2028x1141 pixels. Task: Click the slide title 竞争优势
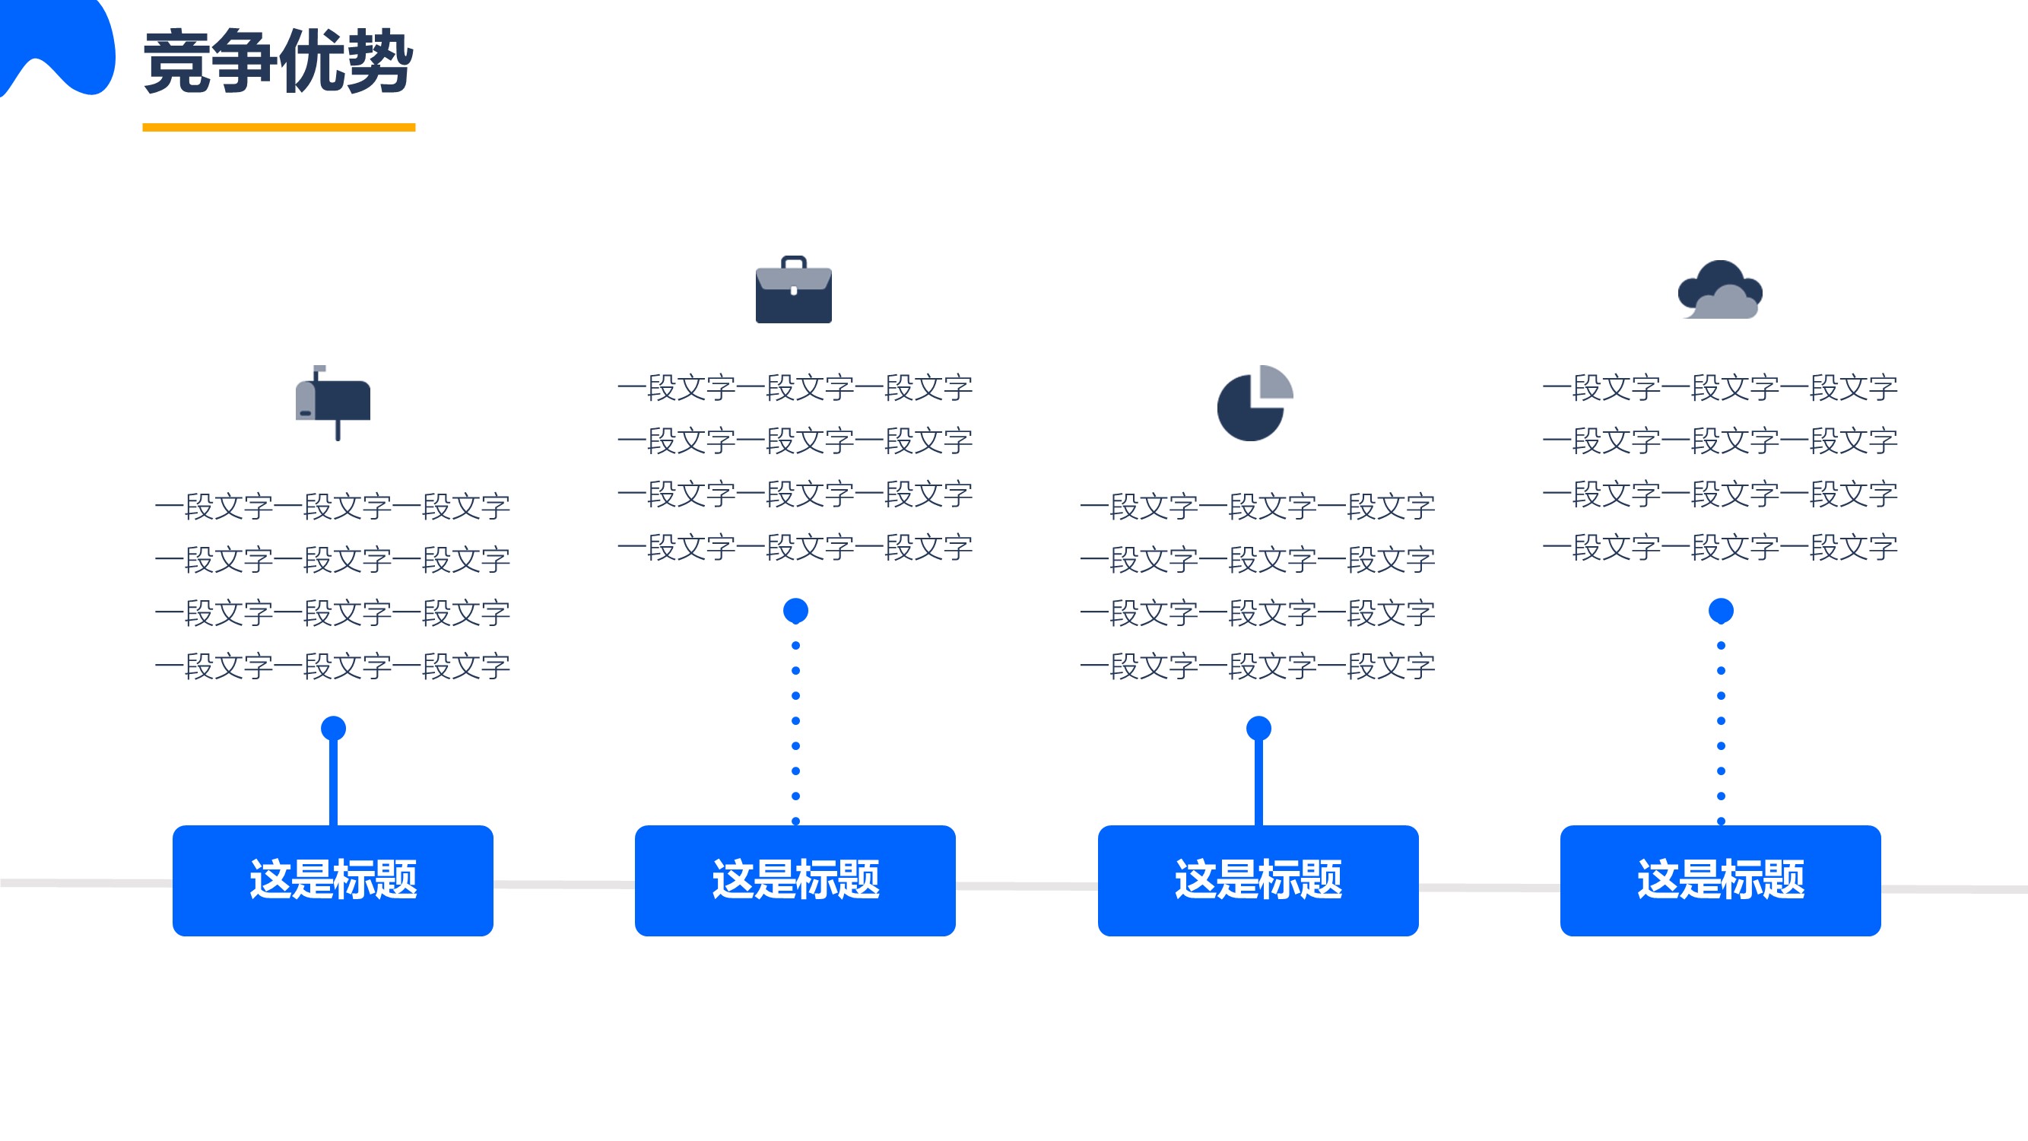click(x=278, y=62)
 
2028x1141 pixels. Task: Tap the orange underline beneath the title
click(x=279, y=127)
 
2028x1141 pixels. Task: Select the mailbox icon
click(x=332, y=402)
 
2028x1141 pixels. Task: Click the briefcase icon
click(x=794, y=289)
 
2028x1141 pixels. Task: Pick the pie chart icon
click(x=1255, y=402)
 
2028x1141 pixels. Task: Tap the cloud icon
click(x=1720, y=289)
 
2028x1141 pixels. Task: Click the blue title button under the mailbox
click(x=333, y=880)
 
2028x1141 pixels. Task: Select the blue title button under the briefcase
click(x=795, y=880)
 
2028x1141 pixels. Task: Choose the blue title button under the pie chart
click(x=1258, y=880)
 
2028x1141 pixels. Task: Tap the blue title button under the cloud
click(x=1720, y=880)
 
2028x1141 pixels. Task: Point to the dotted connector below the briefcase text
click(x=796, y=733)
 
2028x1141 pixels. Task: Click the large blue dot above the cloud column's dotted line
click(x=1721, y=610)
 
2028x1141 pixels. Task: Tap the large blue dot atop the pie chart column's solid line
click(x=1258, y=729)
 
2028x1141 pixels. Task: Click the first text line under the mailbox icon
click(x=333, y=507)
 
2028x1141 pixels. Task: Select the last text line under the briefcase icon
click(x=795, y=547)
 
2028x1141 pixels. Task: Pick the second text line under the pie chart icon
click(x=1258, y=560)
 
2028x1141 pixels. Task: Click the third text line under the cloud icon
click(x=1720, y=494)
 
